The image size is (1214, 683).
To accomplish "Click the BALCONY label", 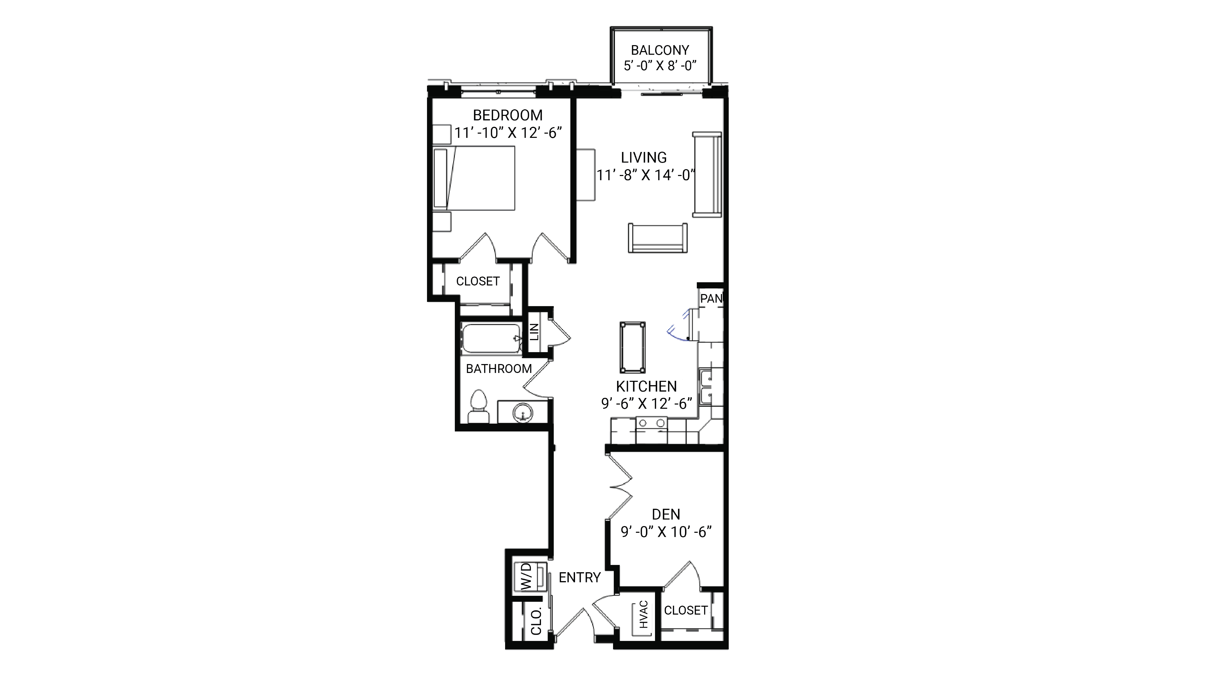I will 660,50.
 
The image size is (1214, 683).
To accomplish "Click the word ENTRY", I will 580,577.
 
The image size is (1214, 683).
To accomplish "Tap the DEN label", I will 666,514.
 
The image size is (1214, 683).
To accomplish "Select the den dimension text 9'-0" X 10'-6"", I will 666,532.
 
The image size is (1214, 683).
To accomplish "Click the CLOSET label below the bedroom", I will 477,281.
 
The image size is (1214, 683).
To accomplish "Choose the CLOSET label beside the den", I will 686,611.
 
